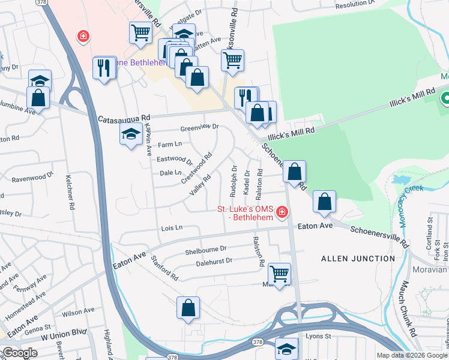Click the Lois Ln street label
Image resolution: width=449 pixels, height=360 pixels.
click(x=171, y=228)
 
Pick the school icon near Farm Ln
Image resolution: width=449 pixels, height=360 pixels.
click(x=130, y=136)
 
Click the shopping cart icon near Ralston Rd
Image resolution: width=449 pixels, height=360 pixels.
click(x=279, y=274)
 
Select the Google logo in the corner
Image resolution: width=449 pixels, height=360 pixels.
click(x=19, y=353)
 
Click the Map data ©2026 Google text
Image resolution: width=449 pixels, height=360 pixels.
click(x=412, y=355)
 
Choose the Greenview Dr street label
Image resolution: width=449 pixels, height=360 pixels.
click(x=200, y=127)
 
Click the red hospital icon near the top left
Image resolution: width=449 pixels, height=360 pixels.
click(x=82, y=37)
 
